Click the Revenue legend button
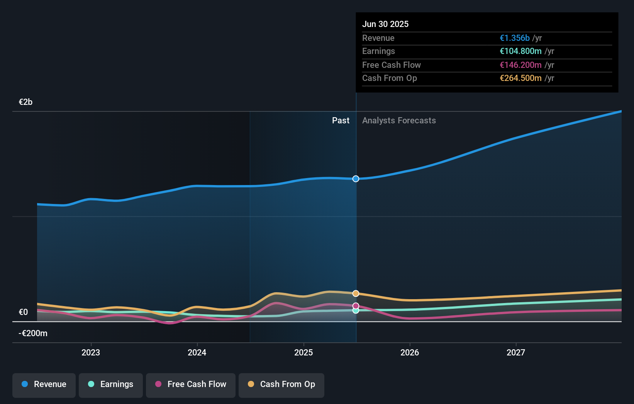click(x=44, y=384)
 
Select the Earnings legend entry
click(x=111, y=384)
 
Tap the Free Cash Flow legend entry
click(x=191, y=384)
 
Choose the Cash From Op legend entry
click(x=281, y=384)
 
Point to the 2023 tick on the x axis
click(x=91, y=352)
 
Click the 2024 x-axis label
click(x=197, y=352)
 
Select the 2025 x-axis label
click(x=303, y=352)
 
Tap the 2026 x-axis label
click(x=410, y=352)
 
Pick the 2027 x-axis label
click(x=516, y=352)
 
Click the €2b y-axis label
click(x=25, y=102)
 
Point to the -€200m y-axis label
click(x=33, y=333)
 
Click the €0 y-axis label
click(x=23, y=312)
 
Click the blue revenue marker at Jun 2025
click(x=356, y=179)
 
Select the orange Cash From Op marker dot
click(x=356, y=293)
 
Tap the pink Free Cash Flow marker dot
click(x=356, y=306)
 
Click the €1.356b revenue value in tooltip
click(x=515, y=38)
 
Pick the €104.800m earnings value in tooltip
click(x=520, y=51)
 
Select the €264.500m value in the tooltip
click(x=520, y=78)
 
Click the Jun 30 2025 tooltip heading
click(x=385, y=24)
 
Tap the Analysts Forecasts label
click(x=399, y=120)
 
